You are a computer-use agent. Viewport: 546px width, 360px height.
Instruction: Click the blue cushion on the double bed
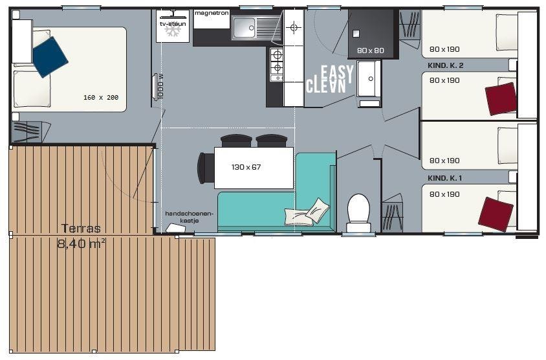tap(50, 57)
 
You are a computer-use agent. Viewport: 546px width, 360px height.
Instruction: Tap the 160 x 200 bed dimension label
tap(101, 98)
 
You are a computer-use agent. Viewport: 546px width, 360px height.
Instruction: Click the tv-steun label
tap(173, 24)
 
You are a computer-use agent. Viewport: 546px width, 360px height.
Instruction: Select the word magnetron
tap(212, 13)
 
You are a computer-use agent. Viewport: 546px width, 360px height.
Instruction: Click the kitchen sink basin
tap(245, 28)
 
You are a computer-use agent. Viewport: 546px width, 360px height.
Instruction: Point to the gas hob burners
tap(277, 61)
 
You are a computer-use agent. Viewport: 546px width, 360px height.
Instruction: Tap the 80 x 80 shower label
tap(371, 51)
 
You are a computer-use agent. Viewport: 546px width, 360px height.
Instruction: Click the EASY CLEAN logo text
tap(330, 80)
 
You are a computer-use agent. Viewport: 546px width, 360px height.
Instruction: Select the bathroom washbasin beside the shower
tap(369, 79)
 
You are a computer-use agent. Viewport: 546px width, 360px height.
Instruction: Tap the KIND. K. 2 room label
tap(445, 65)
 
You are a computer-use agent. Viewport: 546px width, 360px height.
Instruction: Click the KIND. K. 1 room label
tap(444, 178)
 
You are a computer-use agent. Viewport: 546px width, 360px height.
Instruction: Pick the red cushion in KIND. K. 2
tap(501, 99)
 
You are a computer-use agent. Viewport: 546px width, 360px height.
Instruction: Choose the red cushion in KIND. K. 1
tap(496, 214)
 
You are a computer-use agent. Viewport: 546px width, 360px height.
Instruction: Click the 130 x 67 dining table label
tap(246, 167)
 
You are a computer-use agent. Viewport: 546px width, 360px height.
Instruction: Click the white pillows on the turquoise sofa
tap(307, 212)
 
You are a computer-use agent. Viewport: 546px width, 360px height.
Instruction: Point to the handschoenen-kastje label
tap(189, 217)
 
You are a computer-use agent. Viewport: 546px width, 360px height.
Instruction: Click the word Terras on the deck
tap(81, 229)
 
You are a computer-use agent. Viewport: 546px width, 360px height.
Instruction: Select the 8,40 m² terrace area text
tap(82, 243)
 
